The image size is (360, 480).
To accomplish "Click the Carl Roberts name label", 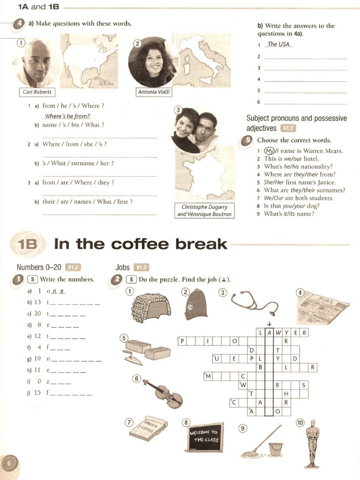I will pos(37,92).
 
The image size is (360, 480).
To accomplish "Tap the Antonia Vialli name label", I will pos(154,92).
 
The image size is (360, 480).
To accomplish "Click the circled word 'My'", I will pos(269,151).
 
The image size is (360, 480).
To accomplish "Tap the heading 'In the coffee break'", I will pos(141,244).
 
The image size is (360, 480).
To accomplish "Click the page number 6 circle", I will pos(9,463).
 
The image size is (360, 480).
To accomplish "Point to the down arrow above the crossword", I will pos(269,323).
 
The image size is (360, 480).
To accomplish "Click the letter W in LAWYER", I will pos(278,333).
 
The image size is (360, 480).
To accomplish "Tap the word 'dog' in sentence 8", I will pos(313,206).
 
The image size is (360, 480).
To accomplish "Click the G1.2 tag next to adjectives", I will pos(288,128).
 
